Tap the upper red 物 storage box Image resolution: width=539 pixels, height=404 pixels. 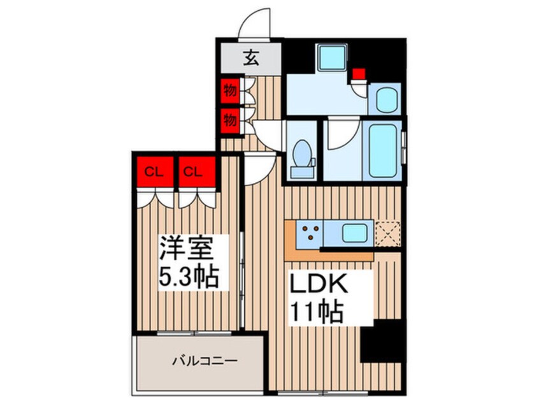[230, 91]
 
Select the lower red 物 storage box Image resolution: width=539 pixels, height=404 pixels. [230, 119]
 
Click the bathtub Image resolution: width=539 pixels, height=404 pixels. [385, 152]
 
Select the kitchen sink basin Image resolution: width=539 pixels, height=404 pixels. [353, 233]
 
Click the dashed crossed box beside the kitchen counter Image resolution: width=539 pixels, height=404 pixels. [387, 233]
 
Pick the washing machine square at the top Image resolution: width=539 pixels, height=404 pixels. [332, 59]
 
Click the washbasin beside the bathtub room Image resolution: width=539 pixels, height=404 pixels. [385, 99]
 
